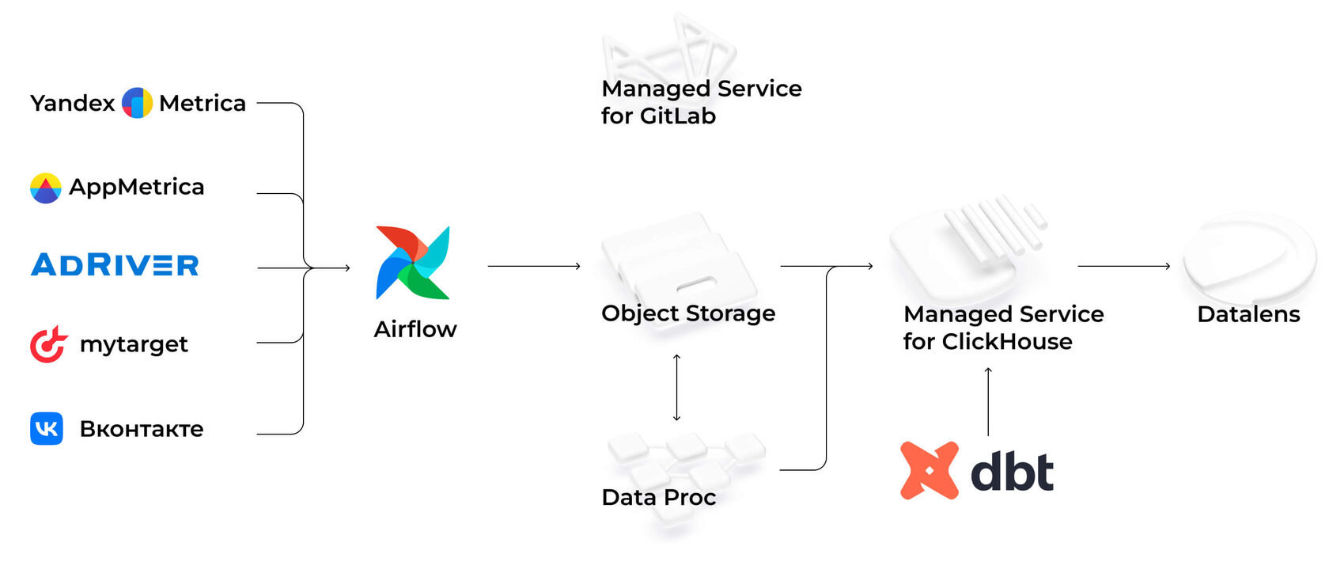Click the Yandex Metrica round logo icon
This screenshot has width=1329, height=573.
pos(137,103)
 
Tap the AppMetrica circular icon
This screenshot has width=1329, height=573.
pos(45,188)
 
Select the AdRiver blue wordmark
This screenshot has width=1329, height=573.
pos(115,265)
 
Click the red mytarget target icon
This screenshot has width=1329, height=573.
pos(48,344)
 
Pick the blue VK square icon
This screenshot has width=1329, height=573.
pos(47,429)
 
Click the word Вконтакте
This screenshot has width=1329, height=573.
pos(142,429)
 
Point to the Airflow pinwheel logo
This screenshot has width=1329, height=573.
pos(413,263)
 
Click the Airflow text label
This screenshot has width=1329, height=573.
pos(415,329)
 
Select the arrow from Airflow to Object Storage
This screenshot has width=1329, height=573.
pos(534,267)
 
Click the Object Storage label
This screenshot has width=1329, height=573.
pos(688,313)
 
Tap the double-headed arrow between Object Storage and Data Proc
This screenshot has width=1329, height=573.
pos(676,388)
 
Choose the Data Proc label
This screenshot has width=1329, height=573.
pos(658,497)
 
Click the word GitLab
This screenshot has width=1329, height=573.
pos(678,116)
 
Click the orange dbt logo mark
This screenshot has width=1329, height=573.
pos(930,471)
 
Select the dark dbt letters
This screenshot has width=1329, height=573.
pos(1012,472)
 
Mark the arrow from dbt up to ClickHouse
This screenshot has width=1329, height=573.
pos(988,402)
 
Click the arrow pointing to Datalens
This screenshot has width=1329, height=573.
pos(1123,267)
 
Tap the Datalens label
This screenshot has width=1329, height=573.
pos(1248,315)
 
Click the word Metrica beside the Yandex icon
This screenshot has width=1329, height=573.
pos(203,104)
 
